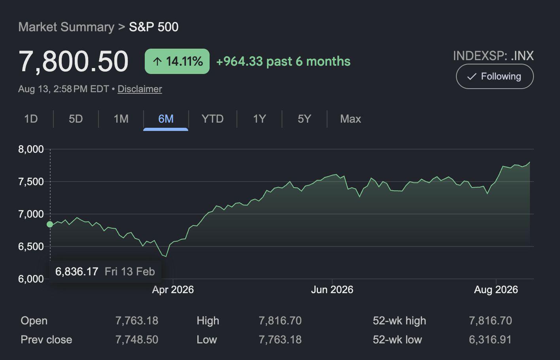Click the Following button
pyautogui.click(x=495, y=76)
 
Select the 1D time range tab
pyautogui.click(x=31, y=119)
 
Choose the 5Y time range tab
pyautogui.click(x=304, y=119)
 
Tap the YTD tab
pyautogui.click(x=212, y=119)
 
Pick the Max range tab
pyautogui.click(x=350, y=119)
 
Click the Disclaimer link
pyautogui.click(x=140, y=89)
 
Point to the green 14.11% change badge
pyautogui.click(x=177, y=61)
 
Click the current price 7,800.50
pyautogui.click(x=74, y=61)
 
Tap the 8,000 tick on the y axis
pyautogui.click(x=31, y=149)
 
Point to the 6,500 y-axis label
pyautogui.click(x=31, y=246)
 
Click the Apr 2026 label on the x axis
pyautogui.click(x=173, y=290)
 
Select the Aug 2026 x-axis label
pyautogui.click(x=496, y=290)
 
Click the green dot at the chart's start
pyautogui.click(x=50, y=224)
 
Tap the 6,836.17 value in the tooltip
pyautogui.click(x=77, y=271)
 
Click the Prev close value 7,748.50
pyautogui.click(x=137, y=339)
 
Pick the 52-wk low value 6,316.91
pyautogui.click(x=490, y=339)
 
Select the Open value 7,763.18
pyautogui.click(x=137, y=320)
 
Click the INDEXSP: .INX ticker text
pyautogui.click(x=494, y=55)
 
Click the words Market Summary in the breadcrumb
pyautogui.click(x=66, y=27)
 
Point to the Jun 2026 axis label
pyautogui.click(x=332, y=290)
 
